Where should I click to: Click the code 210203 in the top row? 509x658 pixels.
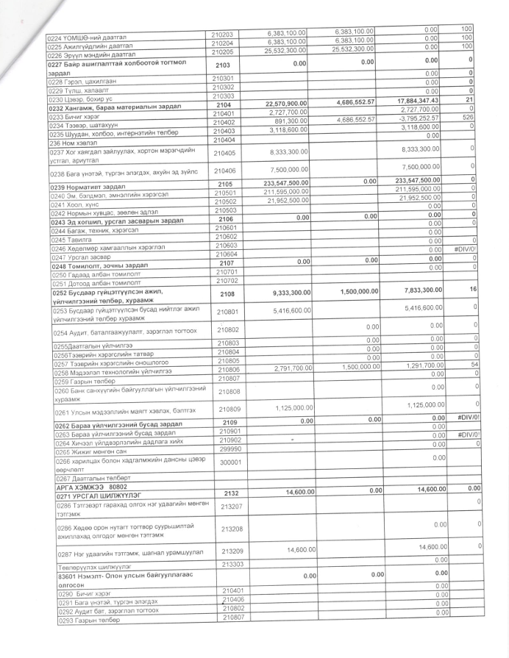click(222, 34)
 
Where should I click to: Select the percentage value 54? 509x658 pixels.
click(465, 365)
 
